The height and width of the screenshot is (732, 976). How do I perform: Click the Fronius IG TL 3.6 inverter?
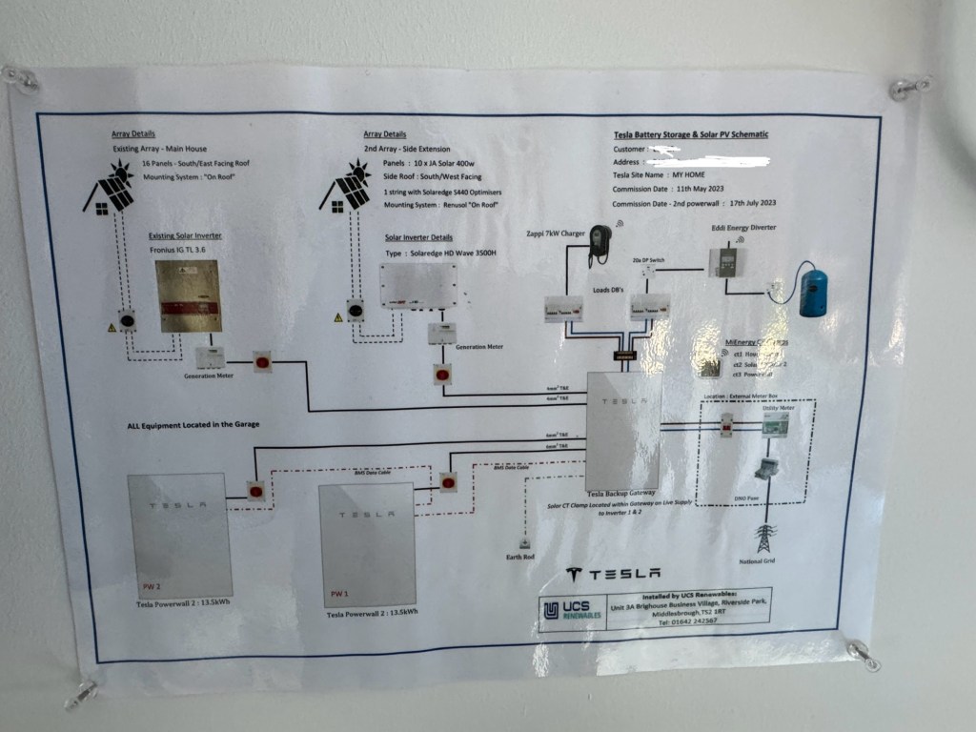click(x=191, y=296)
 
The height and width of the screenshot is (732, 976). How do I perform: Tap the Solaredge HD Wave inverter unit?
click(x=419, y=286)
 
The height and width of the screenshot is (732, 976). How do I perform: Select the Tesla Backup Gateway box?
click(x=623, y=429)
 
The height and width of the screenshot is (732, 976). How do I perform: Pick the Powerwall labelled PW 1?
click(x=367, y=545)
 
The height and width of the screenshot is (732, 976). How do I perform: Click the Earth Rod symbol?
click(x=523, y=543)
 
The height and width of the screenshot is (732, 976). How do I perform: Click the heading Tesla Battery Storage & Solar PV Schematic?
click(x=690, y=135)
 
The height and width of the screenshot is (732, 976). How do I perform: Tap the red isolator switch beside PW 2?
click(x=255, y=491)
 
